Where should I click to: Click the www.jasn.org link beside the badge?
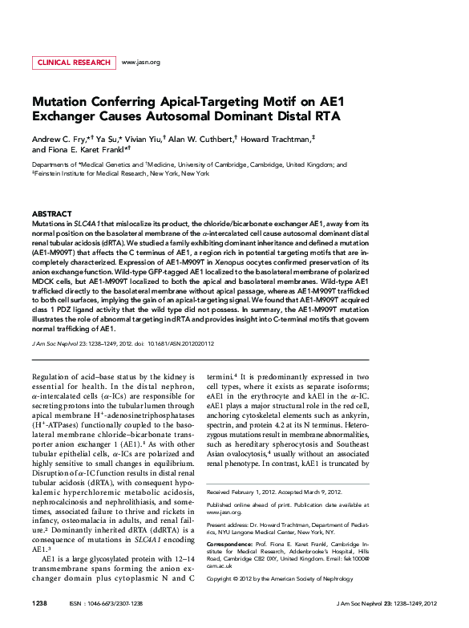coord(140,62)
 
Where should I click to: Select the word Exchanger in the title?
coord(66,117)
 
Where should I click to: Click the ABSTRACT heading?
coord(51,214)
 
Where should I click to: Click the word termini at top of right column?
coord(220,376)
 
